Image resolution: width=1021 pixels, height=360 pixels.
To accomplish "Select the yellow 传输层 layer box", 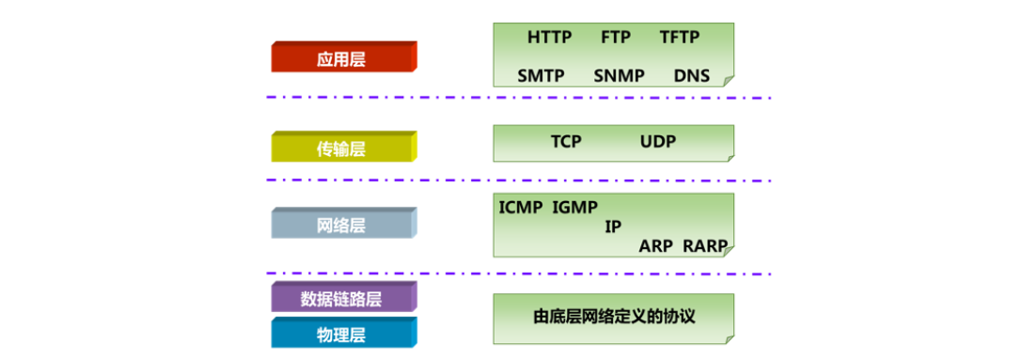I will [x=342, y=149].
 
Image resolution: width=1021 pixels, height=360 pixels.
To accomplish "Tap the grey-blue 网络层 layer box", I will [x=342, y=226].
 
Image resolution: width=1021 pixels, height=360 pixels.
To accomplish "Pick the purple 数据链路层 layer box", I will [x=342, y=299].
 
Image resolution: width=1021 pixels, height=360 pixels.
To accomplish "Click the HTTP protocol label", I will [x=549, y=38].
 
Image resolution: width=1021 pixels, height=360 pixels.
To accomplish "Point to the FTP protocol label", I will [x=616, y=38].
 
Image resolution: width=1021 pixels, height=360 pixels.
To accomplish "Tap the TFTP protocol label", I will [x=680, y=38].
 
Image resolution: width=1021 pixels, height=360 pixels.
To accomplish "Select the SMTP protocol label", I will [x=541, y=75].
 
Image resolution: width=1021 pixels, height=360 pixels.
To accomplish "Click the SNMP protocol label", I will [x=619, y=75].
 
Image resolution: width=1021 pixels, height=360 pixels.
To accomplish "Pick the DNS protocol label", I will [x=691, y=75].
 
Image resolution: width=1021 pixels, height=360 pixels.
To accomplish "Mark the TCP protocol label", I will [x=566, y=142].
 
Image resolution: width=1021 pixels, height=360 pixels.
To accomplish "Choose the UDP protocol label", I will [x=658, y=142].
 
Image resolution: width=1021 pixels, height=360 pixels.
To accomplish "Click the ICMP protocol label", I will [x=521, y=207].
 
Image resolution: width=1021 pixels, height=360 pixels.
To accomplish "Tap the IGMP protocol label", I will [x=575, y=207].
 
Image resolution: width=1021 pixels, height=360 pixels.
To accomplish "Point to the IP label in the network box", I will [x=613, y=227].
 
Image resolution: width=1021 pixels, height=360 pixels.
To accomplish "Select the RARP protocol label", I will [x=705, y=246].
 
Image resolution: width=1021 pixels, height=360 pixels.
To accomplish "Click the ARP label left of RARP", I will [x=656, y=246].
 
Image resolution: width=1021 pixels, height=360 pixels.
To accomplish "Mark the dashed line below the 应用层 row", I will [x=517, y=97].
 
